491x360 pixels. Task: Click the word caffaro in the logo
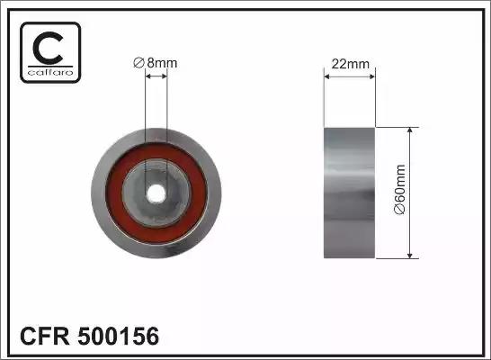[50, 72]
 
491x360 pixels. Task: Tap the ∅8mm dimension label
[156, 63]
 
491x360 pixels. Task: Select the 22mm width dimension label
[351, 64]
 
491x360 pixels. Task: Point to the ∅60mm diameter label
[400, 190]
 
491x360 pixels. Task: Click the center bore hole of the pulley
[156, 193]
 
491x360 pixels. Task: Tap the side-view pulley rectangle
[350, 193]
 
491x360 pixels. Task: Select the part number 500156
[119, 336]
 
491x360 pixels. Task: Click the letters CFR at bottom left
[44, 336]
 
